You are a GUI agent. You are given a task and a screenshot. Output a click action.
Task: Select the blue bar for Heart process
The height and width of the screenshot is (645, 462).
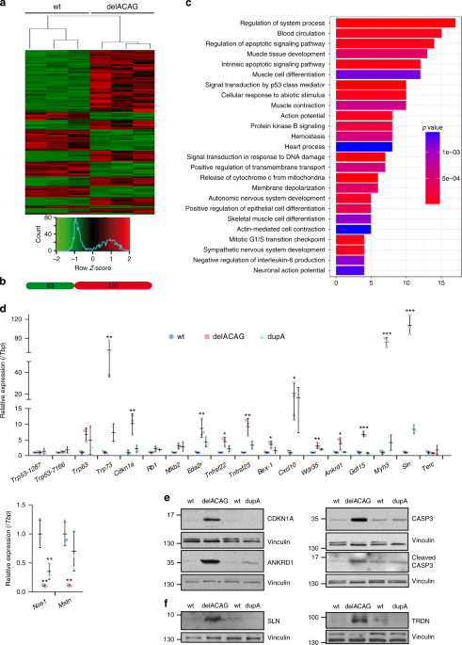pyautogui.click(x=365, y=146)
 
